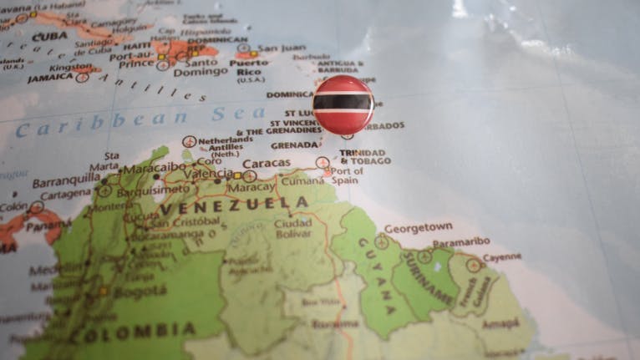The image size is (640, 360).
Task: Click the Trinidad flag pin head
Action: pos(343,104)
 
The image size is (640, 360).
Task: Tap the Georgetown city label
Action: pos(418,226)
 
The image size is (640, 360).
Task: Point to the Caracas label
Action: pos(267,163)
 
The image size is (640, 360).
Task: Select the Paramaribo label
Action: pos(461,241)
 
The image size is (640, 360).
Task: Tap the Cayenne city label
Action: pos(502,257)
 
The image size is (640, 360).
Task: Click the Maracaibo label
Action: pos(155,166)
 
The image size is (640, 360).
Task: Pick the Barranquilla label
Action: pos(66,180)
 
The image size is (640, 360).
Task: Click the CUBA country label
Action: pos(49,36)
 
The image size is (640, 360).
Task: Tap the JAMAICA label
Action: pos(50,78)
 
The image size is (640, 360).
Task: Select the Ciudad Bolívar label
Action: pos(293,228)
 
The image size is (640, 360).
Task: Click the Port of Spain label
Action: pos(346,175)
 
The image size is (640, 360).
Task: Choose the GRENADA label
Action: pos(294,145)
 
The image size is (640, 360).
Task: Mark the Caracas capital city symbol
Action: pos(250,176)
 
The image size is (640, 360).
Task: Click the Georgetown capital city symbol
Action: pos(382,241)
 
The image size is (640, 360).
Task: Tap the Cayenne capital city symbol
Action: pos(474,265)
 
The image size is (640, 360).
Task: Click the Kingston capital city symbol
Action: pos(82,77)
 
